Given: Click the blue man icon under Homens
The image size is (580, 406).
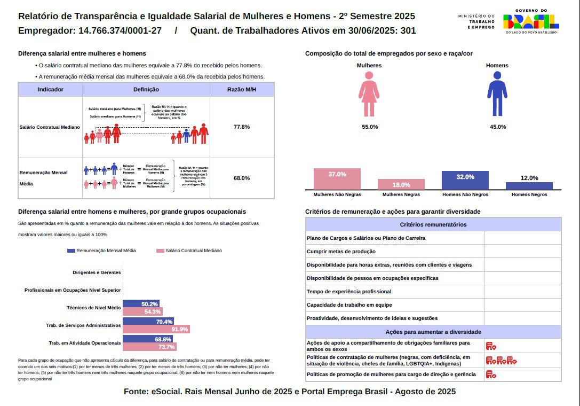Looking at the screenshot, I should coord(497,95).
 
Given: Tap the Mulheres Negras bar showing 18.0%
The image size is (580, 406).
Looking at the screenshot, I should coord(401,184).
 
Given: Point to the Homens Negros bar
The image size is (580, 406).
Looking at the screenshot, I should coord(529,185).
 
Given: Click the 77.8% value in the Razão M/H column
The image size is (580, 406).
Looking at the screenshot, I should coord(242,127).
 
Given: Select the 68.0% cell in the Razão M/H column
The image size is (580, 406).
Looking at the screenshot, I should coord(242,178).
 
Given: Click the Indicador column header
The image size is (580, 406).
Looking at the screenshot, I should coord(51,89).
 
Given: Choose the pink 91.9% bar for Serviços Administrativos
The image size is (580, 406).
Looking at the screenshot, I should coord(156,329).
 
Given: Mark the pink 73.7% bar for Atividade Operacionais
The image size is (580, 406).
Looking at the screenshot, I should coord(149,347).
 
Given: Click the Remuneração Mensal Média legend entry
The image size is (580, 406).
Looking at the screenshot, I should coord(102,251).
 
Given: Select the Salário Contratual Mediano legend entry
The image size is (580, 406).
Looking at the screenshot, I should coord(189,251).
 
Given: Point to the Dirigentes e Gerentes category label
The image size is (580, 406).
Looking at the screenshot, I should coord(97,272).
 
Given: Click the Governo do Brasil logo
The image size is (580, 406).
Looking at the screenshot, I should coord(531,21).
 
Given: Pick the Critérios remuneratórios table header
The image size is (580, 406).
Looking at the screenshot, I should coord(433,224).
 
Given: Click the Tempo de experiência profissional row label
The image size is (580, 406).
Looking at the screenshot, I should coord(349,292).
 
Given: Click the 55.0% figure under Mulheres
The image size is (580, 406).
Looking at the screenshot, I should coord(370,127).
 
